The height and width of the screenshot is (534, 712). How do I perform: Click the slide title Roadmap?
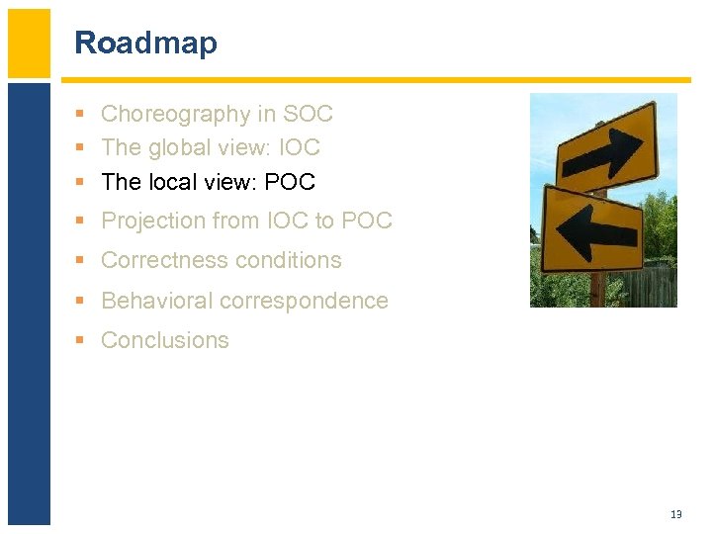pyautogui.click(x=145, y=44)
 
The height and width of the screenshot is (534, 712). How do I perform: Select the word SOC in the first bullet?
pyautogui.click(x=308, y=115)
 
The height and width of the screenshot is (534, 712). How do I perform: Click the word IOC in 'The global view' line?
pyautogui.click(x=299, y=148)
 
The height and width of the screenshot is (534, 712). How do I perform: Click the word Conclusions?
pyautogui.click(x=165, y=340)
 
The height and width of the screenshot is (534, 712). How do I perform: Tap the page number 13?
pyautogui.click(x=676, y=514)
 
